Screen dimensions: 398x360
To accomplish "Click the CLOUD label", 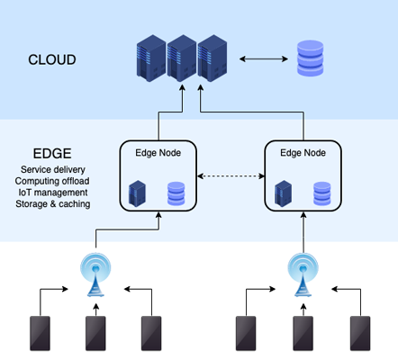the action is pos(52,59).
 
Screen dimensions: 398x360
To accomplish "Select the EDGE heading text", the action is pos(52,154).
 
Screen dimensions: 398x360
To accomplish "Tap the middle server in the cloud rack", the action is pos(182,58).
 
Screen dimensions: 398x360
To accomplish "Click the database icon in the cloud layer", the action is pos(311,58).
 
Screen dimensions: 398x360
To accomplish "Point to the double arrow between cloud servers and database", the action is pos(264,58).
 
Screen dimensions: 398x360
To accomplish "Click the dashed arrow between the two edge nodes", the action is pos(231,176).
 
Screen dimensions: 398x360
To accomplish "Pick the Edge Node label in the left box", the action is pos(158,153).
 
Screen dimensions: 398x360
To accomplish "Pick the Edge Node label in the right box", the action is pos(303,153).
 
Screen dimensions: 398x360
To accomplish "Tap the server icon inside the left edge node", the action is pos(137,193).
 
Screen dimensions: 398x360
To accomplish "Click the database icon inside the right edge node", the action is pos(322,193).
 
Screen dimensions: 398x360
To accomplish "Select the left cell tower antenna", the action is pos(95,274).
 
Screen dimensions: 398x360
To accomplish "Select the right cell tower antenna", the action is pos(303,274).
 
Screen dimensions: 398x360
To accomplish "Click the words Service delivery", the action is pos(53,169).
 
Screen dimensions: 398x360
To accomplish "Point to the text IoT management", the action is pos(53,193).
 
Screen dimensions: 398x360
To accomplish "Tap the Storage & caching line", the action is pos(53,203).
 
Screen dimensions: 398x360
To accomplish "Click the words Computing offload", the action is pos(52,181).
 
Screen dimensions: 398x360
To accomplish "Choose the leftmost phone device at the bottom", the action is pos(40,333).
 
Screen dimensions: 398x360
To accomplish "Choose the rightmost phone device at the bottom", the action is pos(360,333).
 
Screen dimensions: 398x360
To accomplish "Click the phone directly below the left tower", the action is pos(95,333).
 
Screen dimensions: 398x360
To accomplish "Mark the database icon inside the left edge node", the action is pos(176,193).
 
